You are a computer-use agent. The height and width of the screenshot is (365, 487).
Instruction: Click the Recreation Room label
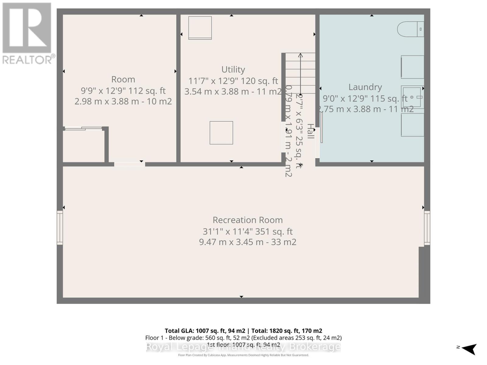247,220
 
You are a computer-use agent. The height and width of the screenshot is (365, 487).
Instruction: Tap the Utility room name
233,70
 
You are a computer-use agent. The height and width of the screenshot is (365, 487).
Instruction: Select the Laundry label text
365,87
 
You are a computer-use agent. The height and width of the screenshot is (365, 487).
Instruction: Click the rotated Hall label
310,131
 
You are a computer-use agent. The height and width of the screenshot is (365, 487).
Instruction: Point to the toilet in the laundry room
410,29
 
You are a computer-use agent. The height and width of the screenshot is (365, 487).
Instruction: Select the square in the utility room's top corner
200,28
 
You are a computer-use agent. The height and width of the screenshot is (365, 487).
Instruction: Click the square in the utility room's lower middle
221,133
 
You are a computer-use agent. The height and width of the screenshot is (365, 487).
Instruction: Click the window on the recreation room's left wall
60,228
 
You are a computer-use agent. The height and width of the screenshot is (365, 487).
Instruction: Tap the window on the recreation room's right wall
427,228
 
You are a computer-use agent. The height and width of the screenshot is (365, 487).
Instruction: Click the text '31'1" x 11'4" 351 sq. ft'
247,231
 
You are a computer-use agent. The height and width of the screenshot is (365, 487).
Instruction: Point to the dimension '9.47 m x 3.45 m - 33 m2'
247,242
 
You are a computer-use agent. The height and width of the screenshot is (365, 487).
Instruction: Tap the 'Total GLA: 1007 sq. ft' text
205,331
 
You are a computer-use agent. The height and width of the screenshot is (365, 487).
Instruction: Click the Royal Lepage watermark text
243,347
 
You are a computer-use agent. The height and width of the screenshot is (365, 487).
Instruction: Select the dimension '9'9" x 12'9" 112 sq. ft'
123,91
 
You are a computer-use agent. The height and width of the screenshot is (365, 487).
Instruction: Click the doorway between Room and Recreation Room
129,164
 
